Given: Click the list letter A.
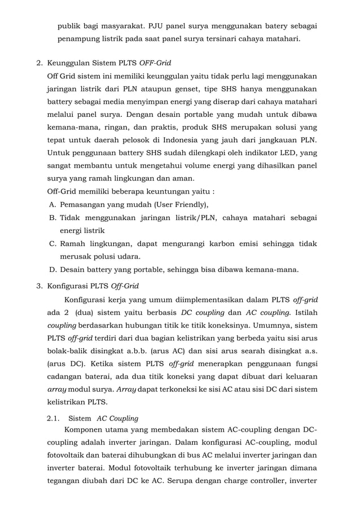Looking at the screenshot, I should point(52,204).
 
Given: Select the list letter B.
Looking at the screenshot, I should point(52,218).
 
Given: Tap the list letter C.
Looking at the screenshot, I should point(52,244).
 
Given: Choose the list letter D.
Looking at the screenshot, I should point(52,269).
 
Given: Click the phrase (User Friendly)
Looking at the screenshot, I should point(177,204).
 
